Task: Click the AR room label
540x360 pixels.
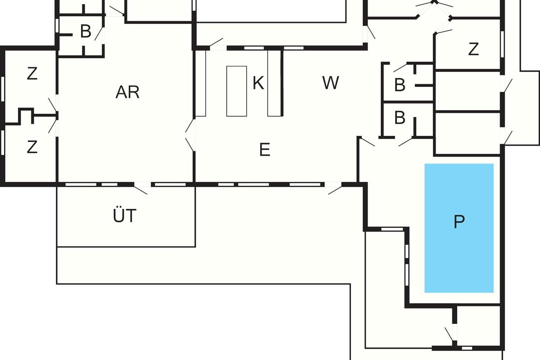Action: [x=128, y=92]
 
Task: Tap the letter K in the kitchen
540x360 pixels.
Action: [x=258, y=83]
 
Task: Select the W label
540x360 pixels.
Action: [x=331, y=83]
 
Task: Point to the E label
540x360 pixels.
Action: [x=265, y=149]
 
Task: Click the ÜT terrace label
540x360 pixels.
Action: [x=125, y=216]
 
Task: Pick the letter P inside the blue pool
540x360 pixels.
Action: [x=459, y=222]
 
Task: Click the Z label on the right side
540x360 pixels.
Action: [x=473, y=49]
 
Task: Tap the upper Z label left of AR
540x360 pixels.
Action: [x=32, y=74]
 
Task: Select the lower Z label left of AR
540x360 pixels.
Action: [x=32, y=147]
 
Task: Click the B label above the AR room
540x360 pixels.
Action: [x=85, y=32]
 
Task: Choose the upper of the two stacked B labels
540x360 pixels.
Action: [x=400, y=85]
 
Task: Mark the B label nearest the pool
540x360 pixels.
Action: [x=400, y=118]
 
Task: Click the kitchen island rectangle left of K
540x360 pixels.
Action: [x=236, y=91]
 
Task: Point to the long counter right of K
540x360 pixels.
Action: [x=274, y=83]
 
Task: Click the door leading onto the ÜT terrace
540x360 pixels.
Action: [x=141, y=188]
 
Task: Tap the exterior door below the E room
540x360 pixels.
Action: [x=334, y=188]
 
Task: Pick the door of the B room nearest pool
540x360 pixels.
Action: [x=405, y=142]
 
